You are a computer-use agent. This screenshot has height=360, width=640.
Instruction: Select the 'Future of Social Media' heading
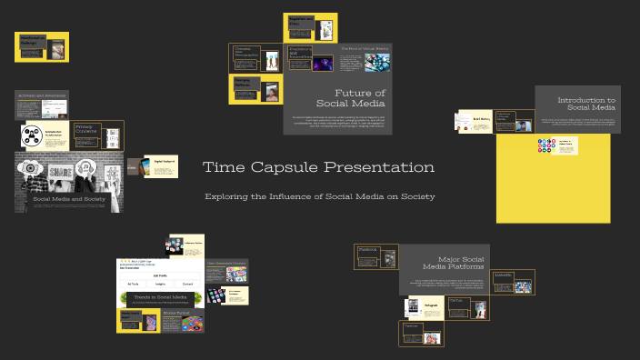360,98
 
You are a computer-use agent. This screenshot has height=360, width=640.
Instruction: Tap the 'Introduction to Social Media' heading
585,104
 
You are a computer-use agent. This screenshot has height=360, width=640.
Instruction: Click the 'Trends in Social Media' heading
160,297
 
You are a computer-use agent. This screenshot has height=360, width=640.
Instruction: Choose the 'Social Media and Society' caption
69,198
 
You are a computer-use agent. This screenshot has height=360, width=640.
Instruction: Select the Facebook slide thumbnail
376,256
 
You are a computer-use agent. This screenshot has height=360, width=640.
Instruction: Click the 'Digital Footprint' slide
160,165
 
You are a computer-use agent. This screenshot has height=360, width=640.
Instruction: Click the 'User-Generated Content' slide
226,270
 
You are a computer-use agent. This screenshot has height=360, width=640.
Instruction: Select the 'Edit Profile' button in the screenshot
159,275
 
